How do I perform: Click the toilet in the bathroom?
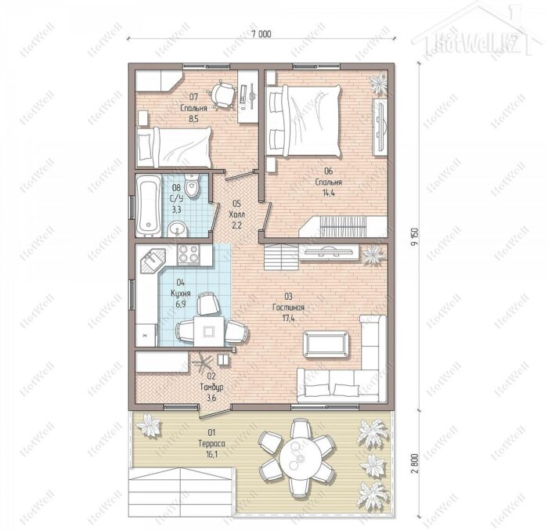click(x=192, y=185)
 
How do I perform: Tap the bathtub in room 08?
click(x=149, y=206)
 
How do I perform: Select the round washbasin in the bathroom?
click(x=178, y=229)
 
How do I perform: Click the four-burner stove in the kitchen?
click(x=189, y=254)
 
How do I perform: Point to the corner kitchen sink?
click(x=153, y=261)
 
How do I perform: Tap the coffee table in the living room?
click(x=326, y=344)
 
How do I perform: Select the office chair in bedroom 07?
click(x=222, y=94)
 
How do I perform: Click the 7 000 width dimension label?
click(x=261, y=34)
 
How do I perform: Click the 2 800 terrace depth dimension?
click(x=414, y=463)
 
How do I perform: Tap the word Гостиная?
click(x=288, y=308)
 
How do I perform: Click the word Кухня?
click(x=181, y=294)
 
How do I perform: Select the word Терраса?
click(x=212, y=444)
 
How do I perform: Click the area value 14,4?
click(x=329, y=193)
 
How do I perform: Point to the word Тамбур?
click(x=212, y=387)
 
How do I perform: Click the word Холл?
click(x=237, y=215)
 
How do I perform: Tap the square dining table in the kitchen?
click(x=209, y=331)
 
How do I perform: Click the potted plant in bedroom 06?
click(x=379, y=84)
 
